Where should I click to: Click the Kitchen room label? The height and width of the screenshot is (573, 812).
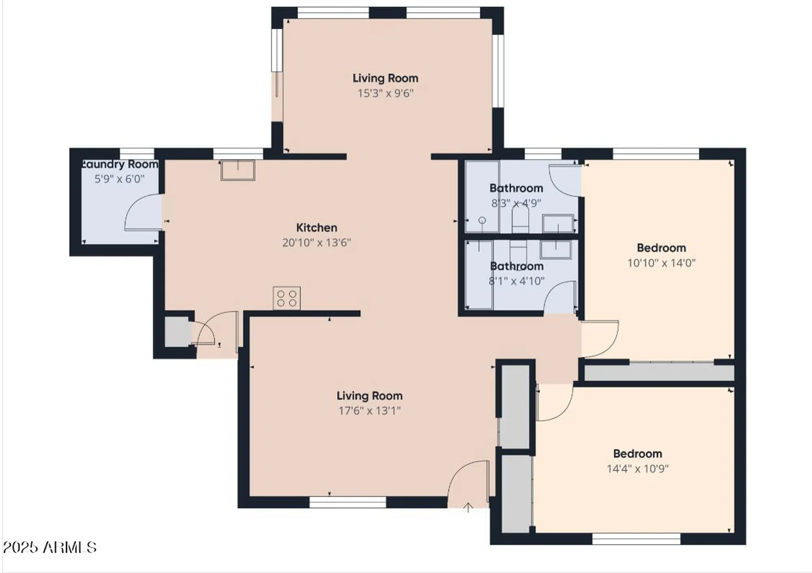(x=316, y=227)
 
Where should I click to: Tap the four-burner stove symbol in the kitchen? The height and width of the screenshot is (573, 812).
(x=287, y=298)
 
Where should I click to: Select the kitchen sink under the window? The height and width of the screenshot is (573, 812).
(x=238, y=170)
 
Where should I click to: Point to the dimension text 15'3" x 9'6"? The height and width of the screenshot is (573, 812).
(x=385, y=93)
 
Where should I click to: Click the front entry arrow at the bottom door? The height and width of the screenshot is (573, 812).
(x=468, y=507)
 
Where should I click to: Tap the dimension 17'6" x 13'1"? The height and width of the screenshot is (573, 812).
(x=369, y=411)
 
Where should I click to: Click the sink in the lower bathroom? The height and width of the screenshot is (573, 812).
(x=556, y=249)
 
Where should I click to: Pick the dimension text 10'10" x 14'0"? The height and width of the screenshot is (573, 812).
(x=661, y=263)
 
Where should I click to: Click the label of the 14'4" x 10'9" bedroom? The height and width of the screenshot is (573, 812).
(x=637, y=453)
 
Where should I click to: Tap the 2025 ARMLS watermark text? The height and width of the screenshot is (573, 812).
(x=50, y=547)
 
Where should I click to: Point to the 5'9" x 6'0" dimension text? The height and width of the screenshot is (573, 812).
(x=119, y=179)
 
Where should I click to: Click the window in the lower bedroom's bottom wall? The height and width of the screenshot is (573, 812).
(x=636, y=539)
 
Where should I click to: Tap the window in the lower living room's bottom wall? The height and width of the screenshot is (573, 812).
(x=348, y=502)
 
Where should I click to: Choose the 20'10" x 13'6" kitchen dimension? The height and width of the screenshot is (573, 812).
(x=316, y=243)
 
